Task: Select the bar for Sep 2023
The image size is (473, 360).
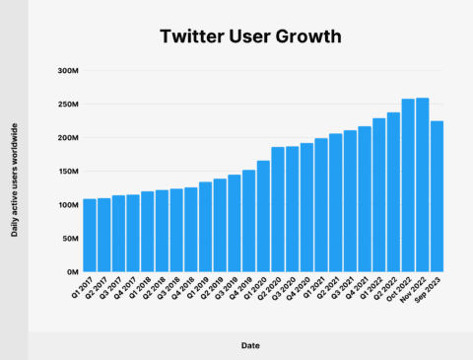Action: click(436, 196)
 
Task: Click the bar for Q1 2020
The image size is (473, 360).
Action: click(263, 216)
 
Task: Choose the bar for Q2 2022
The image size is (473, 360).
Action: click(392, 192)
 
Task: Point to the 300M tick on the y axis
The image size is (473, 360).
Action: click(68, 71)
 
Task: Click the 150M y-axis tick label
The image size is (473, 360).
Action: click(68, 172)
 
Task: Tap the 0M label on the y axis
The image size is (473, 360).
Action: click(71, 271)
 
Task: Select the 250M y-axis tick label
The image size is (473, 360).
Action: click(68, 105)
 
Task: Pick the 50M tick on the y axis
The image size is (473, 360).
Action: click(69, 238)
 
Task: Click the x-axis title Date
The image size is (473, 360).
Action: click(250, 345)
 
